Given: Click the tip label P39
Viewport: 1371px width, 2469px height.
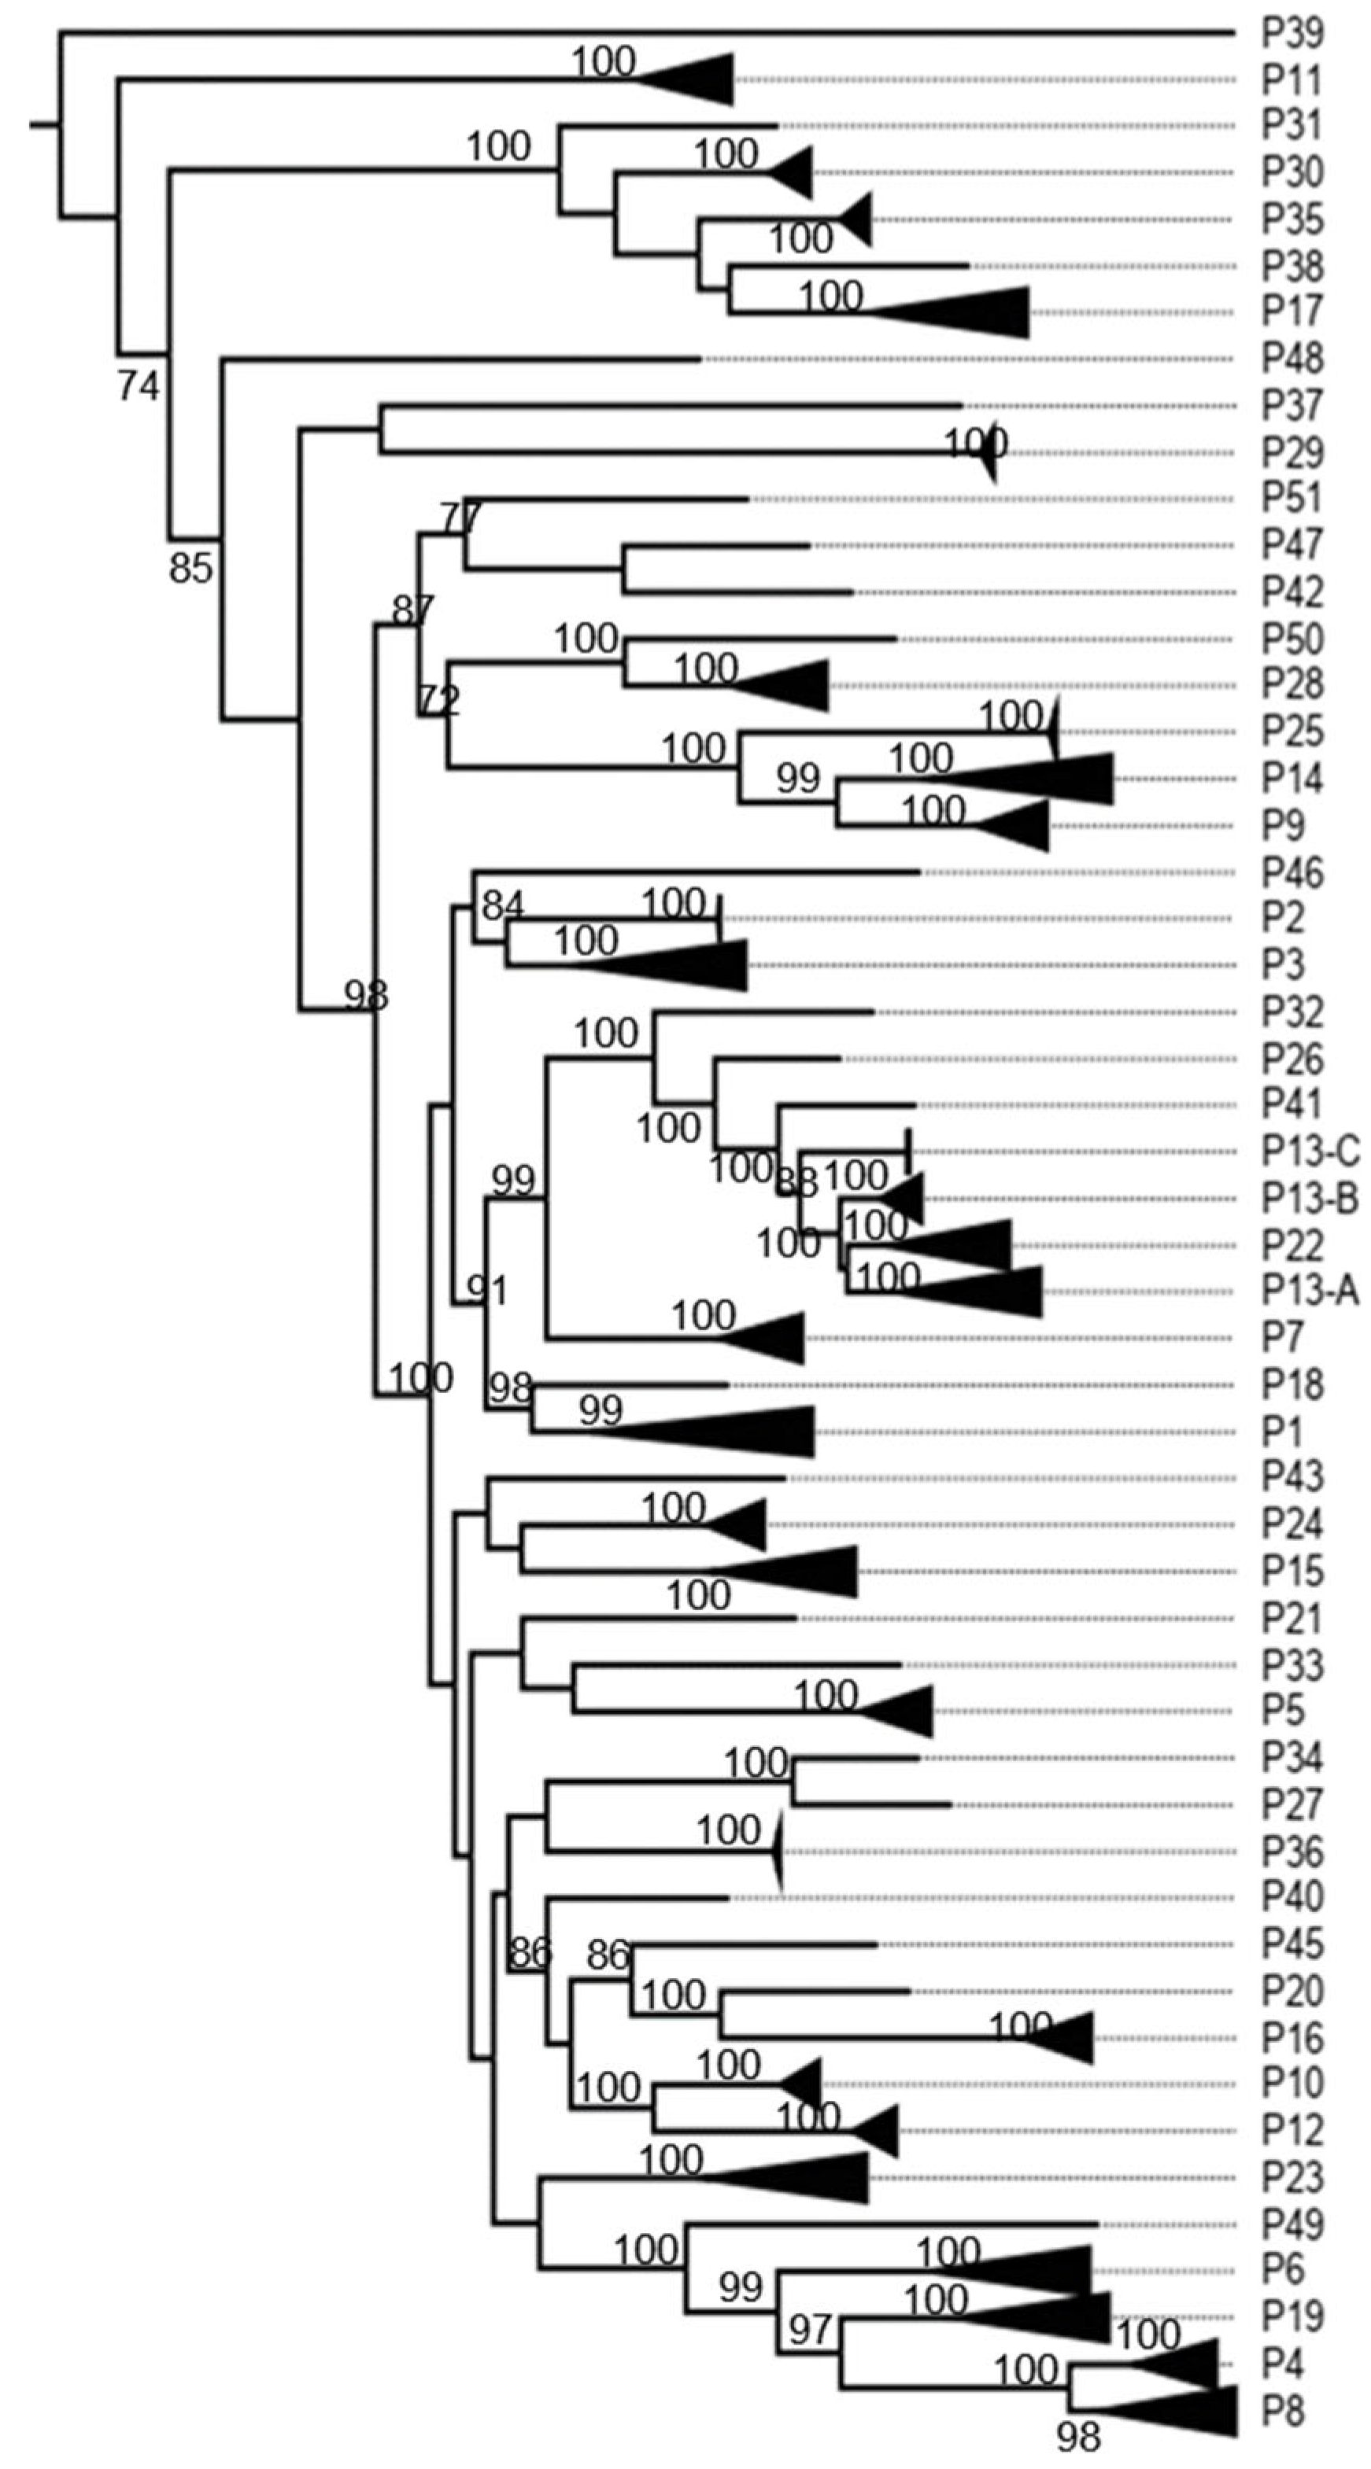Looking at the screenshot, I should click(x=1292, y=34).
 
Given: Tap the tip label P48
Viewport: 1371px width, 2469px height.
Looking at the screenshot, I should click(x=1292, y=359).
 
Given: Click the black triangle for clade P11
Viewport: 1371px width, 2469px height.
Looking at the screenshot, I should click(x=700, y=79).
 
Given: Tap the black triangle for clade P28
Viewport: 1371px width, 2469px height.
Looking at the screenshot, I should click(x=791, y=685).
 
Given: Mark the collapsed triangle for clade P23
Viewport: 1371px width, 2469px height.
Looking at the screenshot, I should click(x=815, y=2178).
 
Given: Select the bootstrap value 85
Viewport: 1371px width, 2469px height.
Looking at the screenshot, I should click(x=190, y=569).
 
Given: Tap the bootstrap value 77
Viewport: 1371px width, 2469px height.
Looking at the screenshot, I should click(x=461, y=517).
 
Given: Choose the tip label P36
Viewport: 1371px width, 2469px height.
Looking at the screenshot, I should click(x=1292, y=1852).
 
